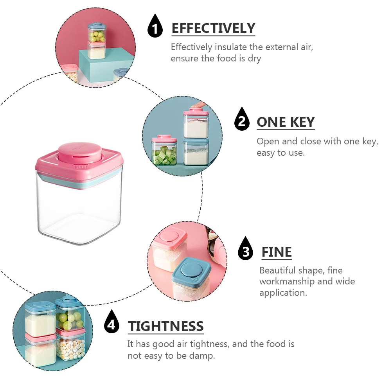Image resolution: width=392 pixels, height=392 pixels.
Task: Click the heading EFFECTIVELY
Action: pyautogui.click(x=213, y=29)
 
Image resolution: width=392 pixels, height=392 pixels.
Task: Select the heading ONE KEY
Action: pyautogui.click(x=286, y=122)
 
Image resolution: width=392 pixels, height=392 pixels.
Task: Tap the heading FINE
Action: pyautogui.click(x=277, y=252)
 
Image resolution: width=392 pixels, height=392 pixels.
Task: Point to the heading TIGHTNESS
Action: pyautogui.click(x=166, y=326)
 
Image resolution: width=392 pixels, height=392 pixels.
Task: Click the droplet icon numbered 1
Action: pyautogui.click(x=155, y=27)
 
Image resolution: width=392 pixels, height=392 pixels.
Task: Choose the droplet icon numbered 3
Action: pyautogui.click(x=246, y=249)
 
